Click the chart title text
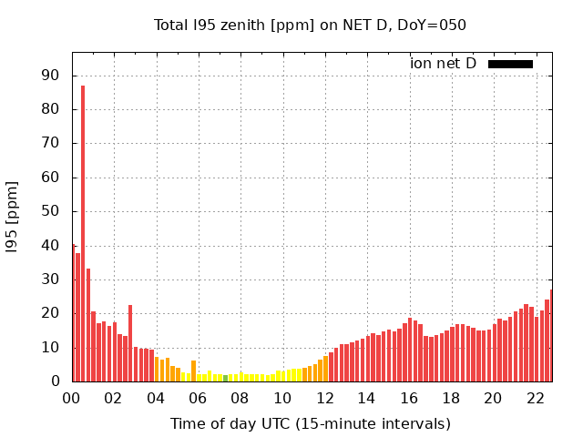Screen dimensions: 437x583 pos(310,25)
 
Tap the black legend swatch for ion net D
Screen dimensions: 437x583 pos(510,64)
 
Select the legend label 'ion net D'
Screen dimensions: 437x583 pos(443,64)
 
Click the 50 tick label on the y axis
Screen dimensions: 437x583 pos(51,211)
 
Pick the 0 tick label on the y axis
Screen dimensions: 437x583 pos(56,381)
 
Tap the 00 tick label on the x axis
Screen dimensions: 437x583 pos(71,398)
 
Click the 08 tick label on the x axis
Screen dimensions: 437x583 pos(240,398)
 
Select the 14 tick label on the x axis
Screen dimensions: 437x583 pos(366,398)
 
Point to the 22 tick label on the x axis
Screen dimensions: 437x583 pos(535,398)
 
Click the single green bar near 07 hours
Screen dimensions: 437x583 pos(225,378)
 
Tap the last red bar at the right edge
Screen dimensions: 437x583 pos(551,336)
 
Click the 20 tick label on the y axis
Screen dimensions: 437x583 pos(51,313)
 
